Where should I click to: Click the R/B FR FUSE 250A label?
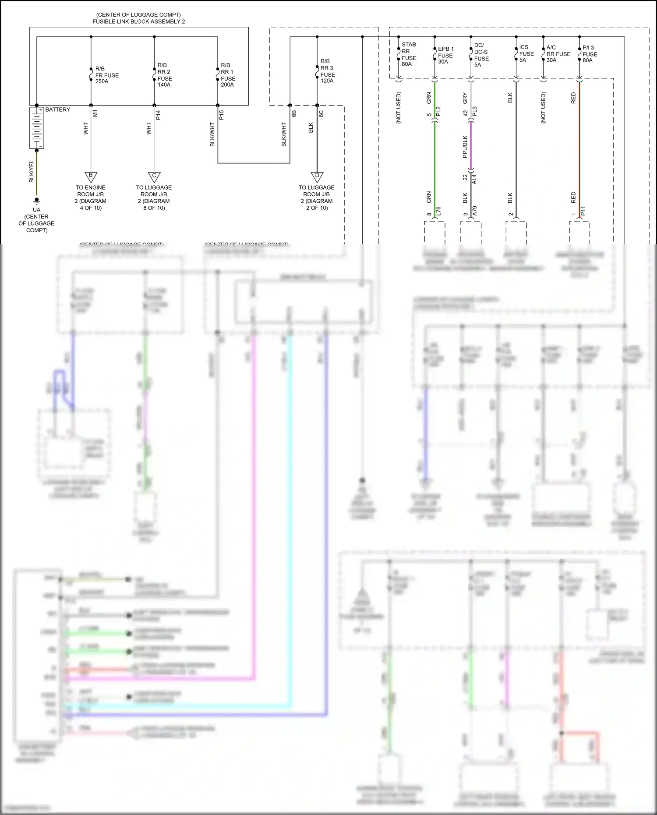[106, 75]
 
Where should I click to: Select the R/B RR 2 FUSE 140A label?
[164, 75]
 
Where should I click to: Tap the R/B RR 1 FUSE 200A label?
[228, 75]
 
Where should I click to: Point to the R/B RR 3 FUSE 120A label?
[327, 71]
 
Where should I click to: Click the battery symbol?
[37, 128]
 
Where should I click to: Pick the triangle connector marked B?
[91, 176]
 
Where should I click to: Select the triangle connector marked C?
[154, 176]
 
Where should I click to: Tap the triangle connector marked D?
[317, 176]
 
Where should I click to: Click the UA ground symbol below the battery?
[37, 201]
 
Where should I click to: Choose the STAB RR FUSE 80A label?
[409, 54]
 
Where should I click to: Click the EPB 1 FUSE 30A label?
[445, 55]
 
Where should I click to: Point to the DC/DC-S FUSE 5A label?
[481, 55]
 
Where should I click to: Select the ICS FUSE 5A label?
[526, 53]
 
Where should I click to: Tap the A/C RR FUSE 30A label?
[558, 54]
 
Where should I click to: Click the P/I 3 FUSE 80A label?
[590, 54]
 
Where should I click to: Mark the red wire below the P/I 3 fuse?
[579, 149]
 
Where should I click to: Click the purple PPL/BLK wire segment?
[471, 147]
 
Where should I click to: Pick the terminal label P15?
[222, 115]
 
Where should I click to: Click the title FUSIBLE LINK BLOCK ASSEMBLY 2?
[138, 21]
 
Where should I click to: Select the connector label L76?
[438, 212]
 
